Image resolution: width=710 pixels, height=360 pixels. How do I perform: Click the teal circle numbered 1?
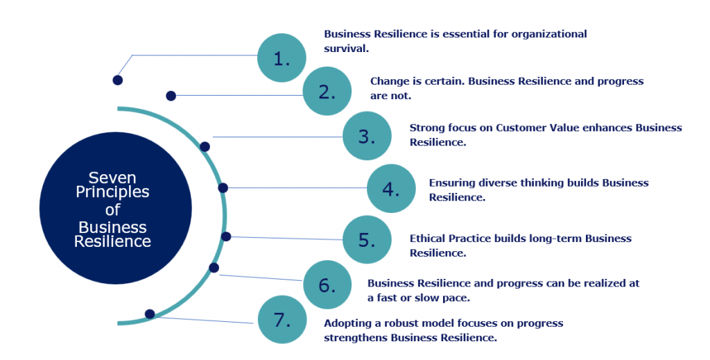[x=281, y=58]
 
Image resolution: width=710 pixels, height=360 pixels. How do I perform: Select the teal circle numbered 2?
[x=327, y=91]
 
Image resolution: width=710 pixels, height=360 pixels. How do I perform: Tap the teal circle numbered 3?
[x=367, y=135]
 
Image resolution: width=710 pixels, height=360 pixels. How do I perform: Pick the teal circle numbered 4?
[x=390, y=188]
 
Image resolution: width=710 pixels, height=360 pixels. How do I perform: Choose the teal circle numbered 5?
[x=367, y=240]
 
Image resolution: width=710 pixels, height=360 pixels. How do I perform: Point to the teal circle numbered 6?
[x=327, y=284]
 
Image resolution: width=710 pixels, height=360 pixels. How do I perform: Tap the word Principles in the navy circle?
[x=113, y=193]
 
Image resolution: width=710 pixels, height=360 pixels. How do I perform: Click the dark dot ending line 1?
[x=118, y=80]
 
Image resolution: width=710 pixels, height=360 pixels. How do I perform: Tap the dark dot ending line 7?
[x=150, y=314]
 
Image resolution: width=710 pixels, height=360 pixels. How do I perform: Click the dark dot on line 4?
[x=223, y=188]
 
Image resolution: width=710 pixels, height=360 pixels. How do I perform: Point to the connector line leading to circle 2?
[x=236, y=95]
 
